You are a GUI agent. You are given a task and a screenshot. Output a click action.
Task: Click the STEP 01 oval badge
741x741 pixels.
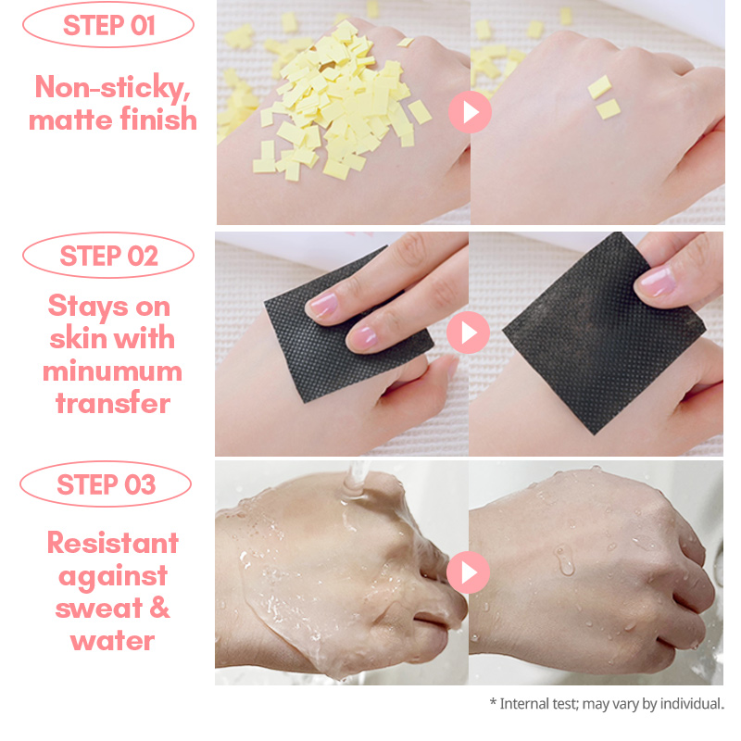[108, 25]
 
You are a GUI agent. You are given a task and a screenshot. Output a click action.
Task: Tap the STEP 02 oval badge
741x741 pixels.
[108, 256]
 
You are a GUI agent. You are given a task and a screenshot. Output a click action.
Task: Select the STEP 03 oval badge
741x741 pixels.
[106, 484]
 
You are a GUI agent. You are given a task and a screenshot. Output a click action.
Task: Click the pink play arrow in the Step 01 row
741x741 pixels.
[470, 112]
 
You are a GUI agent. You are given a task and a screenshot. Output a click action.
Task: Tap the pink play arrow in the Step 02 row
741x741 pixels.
[469, 333]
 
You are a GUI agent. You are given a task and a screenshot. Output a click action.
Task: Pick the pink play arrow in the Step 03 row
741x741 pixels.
[469, 572]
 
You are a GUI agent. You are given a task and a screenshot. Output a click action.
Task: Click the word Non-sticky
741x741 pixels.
[112, 88]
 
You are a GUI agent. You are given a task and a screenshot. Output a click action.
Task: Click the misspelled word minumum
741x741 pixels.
[112, 371]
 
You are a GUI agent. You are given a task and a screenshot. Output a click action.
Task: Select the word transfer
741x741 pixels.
[113, 403]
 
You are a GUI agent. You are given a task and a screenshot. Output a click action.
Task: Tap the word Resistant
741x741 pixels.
[113, 543]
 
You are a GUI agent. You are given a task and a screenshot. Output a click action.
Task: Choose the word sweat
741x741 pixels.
[98, 608]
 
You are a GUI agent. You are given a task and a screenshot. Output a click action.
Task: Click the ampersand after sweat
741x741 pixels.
[159, 607]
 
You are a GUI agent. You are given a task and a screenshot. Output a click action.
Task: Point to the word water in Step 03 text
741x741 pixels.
[112, 641]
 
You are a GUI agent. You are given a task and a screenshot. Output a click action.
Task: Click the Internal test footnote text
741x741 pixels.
[607, 704]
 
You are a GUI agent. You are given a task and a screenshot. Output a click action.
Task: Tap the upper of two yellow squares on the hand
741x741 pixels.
[599, 87]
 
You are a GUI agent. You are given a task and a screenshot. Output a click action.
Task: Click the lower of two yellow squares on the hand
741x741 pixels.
[609, 109]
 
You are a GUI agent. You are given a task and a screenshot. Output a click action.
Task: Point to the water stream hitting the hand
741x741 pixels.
[357, 480]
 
